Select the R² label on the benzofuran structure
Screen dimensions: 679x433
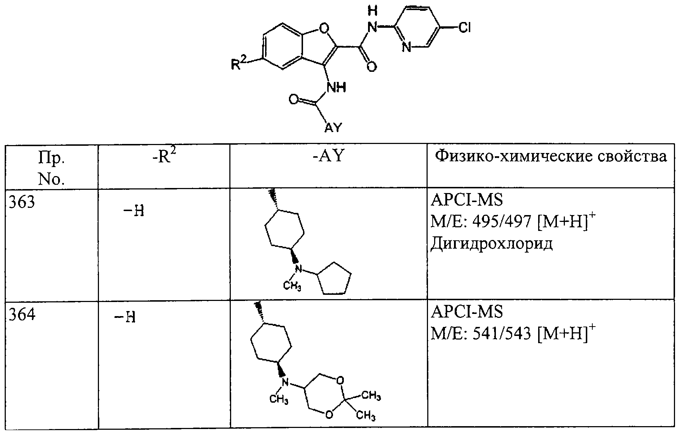[x=238, y=64]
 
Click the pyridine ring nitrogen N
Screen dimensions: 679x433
[x=407, y=47]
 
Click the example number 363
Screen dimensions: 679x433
[x=21, y=202]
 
